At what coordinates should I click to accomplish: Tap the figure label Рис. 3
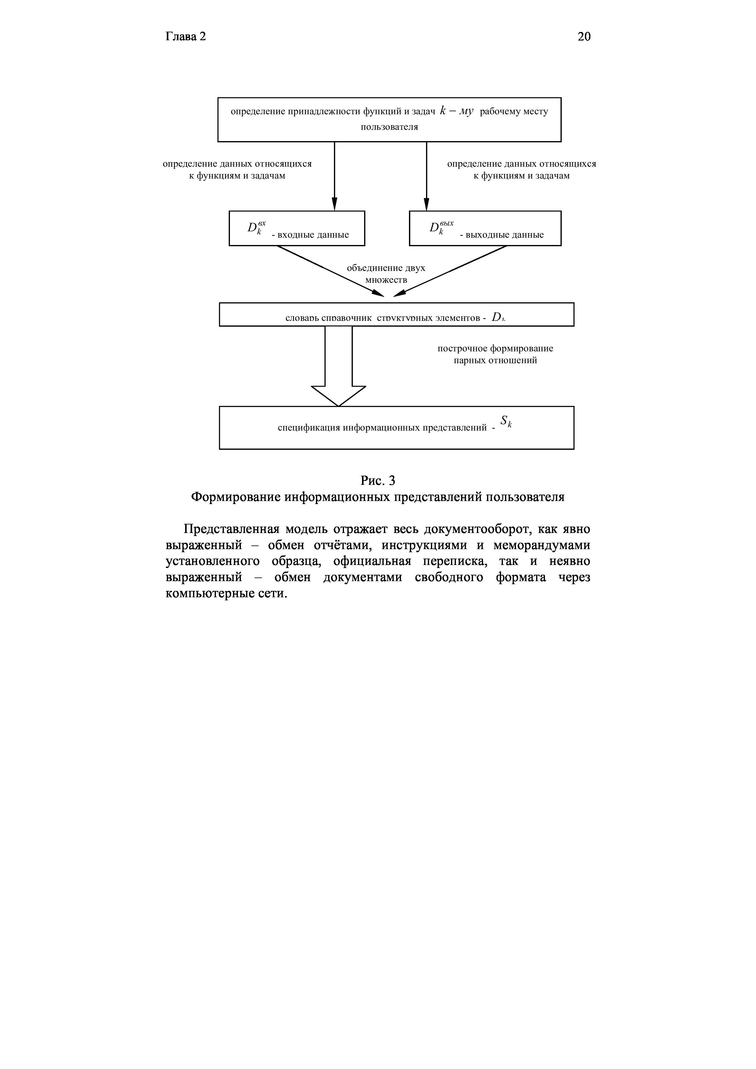pyautogui.click(x=378, y=480)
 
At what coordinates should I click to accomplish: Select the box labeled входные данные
pyautogui.click(x=297, y=228)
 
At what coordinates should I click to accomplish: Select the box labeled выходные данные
pyautogui.click(x=485, y=228)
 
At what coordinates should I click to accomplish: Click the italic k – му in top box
pyautogui.click(x=457, y=111)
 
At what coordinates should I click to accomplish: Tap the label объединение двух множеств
pyautogui.click(x=386, y=274)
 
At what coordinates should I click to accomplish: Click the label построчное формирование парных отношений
pyautogui.click(x=495, y=354)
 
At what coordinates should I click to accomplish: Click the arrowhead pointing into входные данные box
pyautogui.click(x=335, y=204)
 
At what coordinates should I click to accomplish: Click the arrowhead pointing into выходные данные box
pyautogui.click(x=426, y=204)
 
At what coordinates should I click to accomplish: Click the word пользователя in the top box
pyautogui.click(x=389, y=127)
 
